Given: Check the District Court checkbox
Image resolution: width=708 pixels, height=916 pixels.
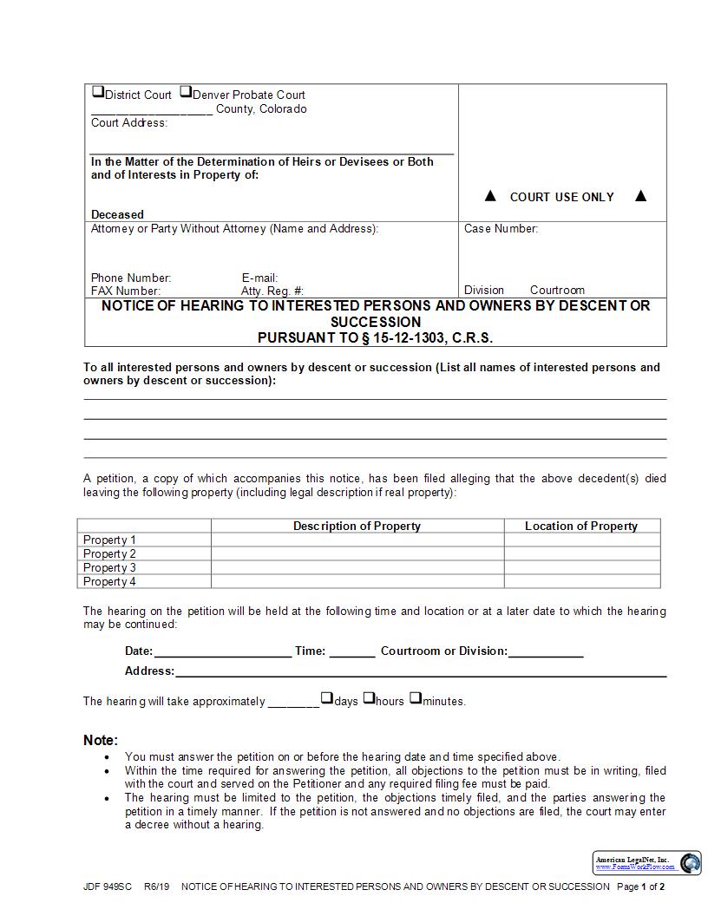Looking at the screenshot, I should [97, 92].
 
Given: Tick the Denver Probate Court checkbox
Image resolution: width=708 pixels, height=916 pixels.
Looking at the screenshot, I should [186, 92].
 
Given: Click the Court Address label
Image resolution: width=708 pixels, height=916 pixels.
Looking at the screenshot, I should [129, 123].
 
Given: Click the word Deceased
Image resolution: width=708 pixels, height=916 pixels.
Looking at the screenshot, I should [117, 214].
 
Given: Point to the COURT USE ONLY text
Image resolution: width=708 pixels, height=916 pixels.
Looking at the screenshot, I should [561, 197].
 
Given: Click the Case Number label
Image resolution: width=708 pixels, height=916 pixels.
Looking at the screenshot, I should [501, 229].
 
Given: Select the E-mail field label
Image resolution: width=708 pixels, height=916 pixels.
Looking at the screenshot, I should [259, 278].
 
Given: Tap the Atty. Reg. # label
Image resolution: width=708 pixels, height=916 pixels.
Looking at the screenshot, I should [272, 291].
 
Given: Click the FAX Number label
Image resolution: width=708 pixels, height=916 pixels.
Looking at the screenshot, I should [126, 291].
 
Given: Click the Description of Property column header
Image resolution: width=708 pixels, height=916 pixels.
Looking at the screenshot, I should [357, 526].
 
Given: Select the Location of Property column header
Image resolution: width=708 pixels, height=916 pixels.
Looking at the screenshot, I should [581, 526].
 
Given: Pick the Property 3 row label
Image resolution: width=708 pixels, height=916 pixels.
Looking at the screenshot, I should [109, 567].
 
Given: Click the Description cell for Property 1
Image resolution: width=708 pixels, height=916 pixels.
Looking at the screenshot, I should [357, 540].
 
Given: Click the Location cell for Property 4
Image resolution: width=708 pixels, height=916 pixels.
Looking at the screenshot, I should [581, 581].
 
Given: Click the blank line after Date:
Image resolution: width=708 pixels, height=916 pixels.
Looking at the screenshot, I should [222, 651].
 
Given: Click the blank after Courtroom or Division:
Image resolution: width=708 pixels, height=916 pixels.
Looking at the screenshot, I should [546, 651].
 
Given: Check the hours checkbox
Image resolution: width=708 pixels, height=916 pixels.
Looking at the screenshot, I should [369, 697].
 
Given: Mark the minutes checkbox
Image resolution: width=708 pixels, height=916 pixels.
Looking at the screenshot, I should [415, 697].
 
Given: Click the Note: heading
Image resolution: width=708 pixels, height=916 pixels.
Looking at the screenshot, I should [101, 740].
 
